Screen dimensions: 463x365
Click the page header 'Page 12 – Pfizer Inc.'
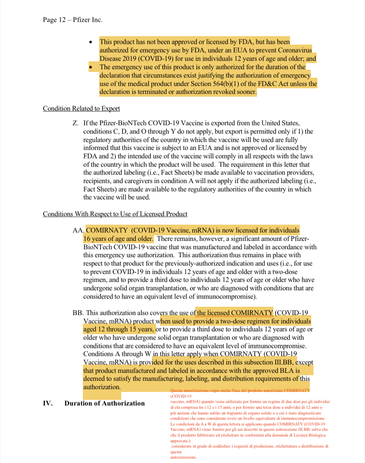point(72,19)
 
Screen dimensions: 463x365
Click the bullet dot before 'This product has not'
point(91,42)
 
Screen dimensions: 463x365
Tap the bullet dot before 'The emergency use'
point(91,67)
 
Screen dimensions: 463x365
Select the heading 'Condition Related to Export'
point(81,109)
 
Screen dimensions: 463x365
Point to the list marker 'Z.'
point(75,122)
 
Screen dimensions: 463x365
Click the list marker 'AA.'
point(78,230)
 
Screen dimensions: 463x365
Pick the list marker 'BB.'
point(78,312)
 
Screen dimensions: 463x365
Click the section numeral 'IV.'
point(48,403)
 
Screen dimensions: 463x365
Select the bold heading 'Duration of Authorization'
point(104,403)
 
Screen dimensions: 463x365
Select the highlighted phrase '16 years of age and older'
point(118,239)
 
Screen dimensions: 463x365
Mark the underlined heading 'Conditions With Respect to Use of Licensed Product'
point(115,214)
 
